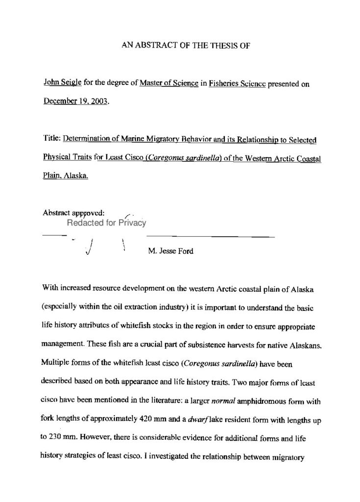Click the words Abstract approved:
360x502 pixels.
click(73, 213)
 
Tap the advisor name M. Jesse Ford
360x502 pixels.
click(170, 251)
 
